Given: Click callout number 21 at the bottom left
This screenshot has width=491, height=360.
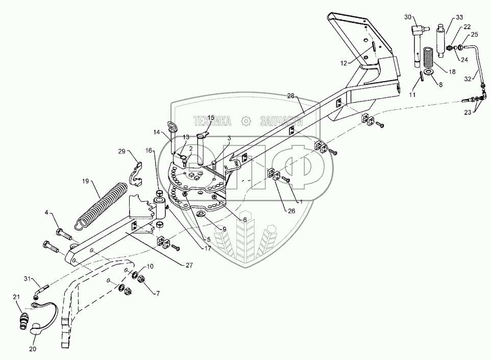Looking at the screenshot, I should click(x=16, y=297).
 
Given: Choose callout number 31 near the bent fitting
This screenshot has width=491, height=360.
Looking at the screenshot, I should click(x=29, y=278).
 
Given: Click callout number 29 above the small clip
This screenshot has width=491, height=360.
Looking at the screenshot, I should click(x=121, y=152).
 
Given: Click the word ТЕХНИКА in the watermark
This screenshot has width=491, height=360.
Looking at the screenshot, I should click(x=212, y=121).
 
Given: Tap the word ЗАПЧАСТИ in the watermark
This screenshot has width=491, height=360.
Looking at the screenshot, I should click(x=281, y=121).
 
